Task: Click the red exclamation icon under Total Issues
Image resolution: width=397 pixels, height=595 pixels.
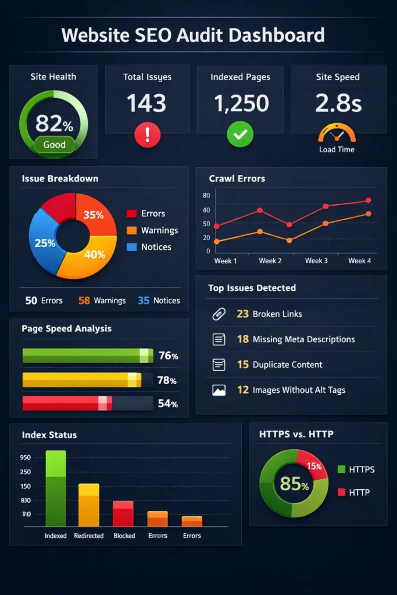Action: [x=147, y=135]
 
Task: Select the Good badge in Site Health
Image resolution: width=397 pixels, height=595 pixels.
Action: [x=54, y=145]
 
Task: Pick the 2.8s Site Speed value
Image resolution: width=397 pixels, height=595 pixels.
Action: [x=338, y=103]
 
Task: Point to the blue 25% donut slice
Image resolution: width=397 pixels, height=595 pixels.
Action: [x=45, y=243]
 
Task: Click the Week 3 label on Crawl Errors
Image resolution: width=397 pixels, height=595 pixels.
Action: [x=316, y=261]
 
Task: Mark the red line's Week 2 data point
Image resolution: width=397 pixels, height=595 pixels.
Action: [x=260, y=210]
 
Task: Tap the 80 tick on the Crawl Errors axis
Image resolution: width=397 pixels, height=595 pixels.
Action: [x=206, y=195]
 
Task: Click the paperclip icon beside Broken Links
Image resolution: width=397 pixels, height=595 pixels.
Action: [x=219, y=314]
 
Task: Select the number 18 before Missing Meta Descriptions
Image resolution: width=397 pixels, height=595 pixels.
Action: [x=242, y=339]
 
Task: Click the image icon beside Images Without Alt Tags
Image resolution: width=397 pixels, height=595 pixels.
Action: [x=219, y=390]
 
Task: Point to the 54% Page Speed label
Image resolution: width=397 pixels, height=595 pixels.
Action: [x=167, y=404]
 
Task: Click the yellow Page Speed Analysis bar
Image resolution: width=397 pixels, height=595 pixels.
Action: [x=81, y=380]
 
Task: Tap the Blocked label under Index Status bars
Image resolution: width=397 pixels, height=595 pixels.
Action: [x=124, y=536]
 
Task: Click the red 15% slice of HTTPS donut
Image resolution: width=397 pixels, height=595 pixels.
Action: [x=312, y=465]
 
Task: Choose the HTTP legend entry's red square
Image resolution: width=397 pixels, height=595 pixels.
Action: [x=341, y=493]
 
